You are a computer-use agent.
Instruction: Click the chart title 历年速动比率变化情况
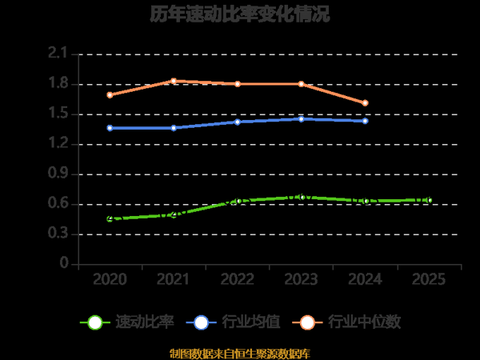(239, 14)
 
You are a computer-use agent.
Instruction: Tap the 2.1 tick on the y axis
(58, 54)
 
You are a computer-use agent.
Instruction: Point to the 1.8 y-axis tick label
(58, 84)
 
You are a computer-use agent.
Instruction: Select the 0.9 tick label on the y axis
(58, 174)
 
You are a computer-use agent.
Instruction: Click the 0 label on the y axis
(64, 264)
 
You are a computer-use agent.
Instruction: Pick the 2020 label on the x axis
(110, 279)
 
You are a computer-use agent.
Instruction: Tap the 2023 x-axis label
(302, 279)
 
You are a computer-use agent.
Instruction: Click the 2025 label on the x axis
(430, 279)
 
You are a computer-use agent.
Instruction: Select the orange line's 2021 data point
(174, 81)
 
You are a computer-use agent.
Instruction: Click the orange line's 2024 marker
(366, 102)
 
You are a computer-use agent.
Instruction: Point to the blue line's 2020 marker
(110, 128)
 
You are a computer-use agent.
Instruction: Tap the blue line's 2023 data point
(302, 119)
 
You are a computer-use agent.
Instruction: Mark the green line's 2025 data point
(430, 200)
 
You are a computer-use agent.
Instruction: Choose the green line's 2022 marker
(238, 201)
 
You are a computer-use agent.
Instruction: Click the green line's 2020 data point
(110, 218)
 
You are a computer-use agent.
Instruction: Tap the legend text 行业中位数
(365, 322)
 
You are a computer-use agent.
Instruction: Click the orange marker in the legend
(308, 322)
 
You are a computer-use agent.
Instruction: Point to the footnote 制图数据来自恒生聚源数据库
(239, 353)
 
